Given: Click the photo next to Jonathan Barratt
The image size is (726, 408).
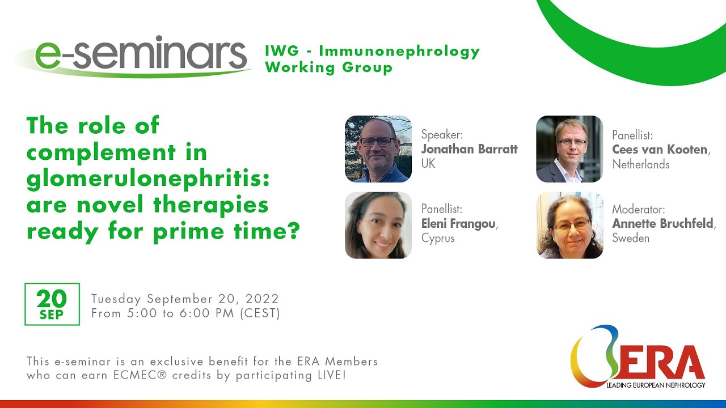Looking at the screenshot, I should (x=378, y=149).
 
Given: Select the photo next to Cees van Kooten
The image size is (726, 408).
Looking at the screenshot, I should (x=569, y=149).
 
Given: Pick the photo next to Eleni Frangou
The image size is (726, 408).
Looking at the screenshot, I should (x=378, y=225).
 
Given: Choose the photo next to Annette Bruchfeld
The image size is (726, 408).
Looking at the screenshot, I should (x=569, y=225).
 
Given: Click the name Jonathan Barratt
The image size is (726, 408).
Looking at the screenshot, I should (x=469, y=150).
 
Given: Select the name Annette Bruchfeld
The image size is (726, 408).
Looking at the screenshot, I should (x=662, y=224).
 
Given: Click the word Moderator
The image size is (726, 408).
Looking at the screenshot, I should (x=638, y=210).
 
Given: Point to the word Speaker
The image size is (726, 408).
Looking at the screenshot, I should (x=442, y=135).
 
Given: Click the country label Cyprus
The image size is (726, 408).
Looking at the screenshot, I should (x=438, y=239).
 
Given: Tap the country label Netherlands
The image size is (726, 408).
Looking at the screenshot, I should (x=640, y=165).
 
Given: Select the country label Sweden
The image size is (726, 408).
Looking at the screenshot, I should (x=630, y=239).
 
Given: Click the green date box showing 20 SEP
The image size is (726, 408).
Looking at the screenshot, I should (x=52, y=304).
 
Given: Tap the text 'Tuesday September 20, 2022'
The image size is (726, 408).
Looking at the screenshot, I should (x=185, y=299).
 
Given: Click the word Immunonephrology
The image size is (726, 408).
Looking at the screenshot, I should (x=399, y=52).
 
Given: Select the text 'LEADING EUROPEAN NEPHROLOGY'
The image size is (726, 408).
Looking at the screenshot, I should (x=656, y=385).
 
